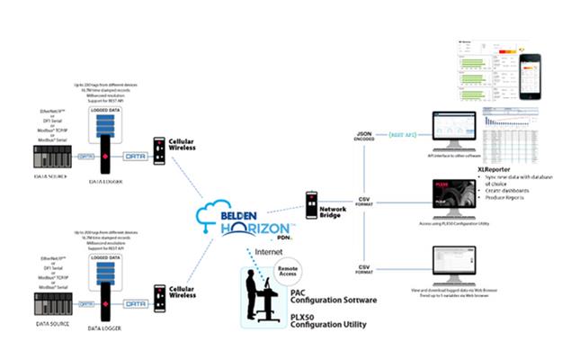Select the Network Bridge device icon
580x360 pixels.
coord(312,206)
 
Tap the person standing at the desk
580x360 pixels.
coord(254,290)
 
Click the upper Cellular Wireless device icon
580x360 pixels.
coord(158,153)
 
